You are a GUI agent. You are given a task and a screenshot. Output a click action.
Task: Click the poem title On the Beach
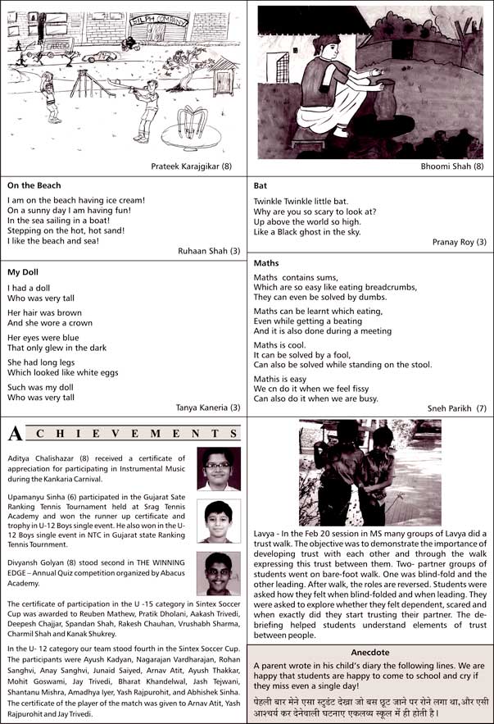(34, 185)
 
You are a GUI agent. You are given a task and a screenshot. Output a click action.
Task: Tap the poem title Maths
(266, 263)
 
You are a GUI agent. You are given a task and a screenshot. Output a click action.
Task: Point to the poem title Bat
(261, 186)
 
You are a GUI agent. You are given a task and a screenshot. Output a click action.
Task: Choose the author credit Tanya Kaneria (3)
(208, 408)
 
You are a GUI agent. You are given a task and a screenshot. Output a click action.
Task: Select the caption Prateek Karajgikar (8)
(191, 166)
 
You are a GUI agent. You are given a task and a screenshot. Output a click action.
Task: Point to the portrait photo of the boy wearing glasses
(219, 468)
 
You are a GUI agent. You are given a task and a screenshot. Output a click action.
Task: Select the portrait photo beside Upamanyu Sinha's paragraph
(219, 521)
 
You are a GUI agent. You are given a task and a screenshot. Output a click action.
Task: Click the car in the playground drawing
(100, 57)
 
